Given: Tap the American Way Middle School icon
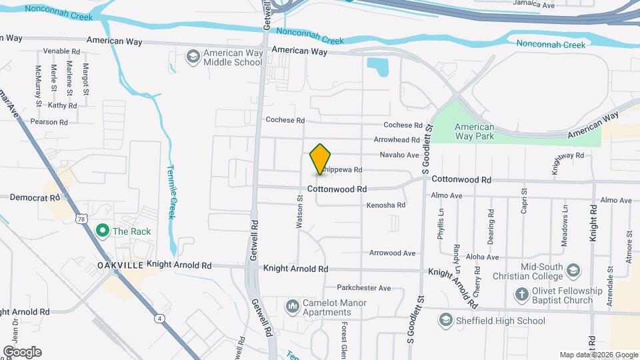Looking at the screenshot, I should click(x=193, y=57).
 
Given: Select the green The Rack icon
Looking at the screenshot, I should click(x=102, y=231).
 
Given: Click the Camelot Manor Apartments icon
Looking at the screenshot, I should click(x=292, y=307).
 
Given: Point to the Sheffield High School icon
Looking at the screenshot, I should click(x=445, y=321).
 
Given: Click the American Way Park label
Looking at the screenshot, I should click(x=474, y=131).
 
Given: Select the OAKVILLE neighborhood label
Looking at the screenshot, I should click(x=121, y=265).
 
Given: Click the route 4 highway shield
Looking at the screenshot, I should click(x=161, y=319).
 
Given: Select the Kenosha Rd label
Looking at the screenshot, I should click(x=386, y=205).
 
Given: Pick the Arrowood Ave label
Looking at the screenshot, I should click(x=393, y=253).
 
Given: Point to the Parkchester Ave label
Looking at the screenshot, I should click(x=363, y=288).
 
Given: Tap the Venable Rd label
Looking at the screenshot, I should click(x=61, y=51).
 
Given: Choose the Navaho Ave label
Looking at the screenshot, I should click(x=399, y=155).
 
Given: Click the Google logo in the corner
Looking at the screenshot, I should click(x=22, y=352).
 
